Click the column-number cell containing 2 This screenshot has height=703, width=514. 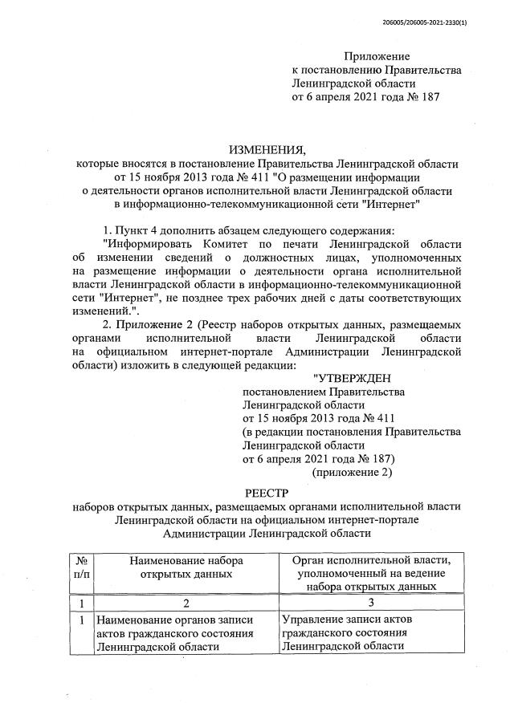pos(186,602)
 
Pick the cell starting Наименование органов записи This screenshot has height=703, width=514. pos(186,634)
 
